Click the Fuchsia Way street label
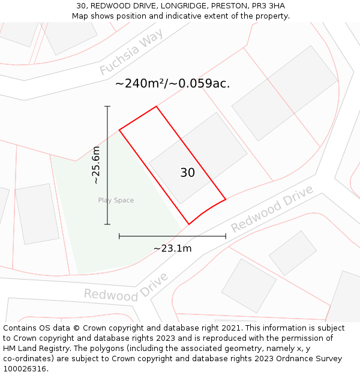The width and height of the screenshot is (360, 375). (x=131, y=53)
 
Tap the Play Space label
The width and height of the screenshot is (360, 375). (x=116, y=200)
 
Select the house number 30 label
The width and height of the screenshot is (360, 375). (x=187, y=173)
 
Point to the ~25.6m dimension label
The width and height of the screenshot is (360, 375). (x=96, y=165)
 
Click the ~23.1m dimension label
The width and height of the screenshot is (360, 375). (x=172, y=248)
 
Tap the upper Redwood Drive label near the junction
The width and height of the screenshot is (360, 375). (x=272, y=209)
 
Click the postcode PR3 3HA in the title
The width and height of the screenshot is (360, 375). (x=268, y=6)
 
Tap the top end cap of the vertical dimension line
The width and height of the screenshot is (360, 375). (x=107, y=106)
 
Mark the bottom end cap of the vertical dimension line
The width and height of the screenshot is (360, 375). (x=107, y=224)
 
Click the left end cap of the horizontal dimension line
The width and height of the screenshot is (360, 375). (x=119, y=236)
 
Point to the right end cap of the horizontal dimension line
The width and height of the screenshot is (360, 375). (x=226, y=236)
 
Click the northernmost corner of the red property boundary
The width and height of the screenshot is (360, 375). (x=157, y=107)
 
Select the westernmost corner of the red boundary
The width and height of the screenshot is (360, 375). (x=119, y=130)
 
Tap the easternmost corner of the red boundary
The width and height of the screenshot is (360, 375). (x=226, y=199)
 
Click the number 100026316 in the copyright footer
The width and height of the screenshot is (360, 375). (x=23, y=369)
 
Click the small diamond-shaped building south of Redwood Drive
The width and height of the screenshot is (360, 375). (x=293, y=253)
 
